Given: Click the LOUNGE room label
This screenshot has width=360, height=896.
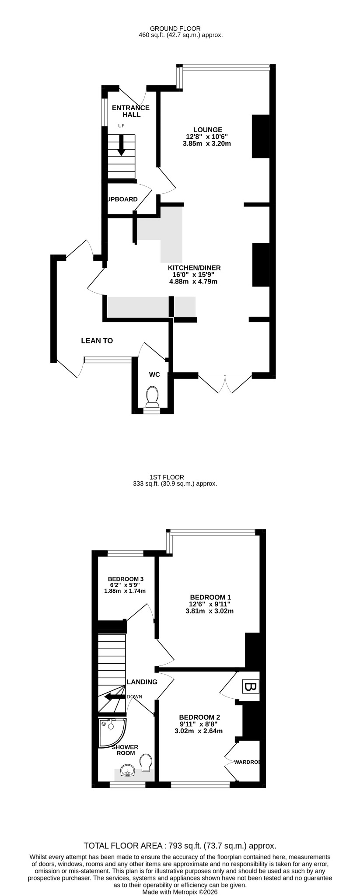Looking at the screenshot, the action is pyautogui.click(x=208, y=129).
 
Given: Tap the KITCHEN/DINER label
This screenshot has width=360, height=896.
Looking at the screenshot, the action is pyautogui.click(x=194, y=268).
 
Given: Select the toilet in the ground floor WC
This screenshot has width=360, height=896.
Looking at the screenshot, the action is pyautogui.click(x=152, y=396).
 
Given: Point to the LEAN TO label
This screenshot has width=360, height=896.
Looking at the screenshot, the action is pyautogui.click(x=97, y=340).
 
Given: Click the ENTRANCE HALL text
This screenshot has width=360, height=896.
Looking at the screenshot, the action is pyautogui.click(x=131, y=111).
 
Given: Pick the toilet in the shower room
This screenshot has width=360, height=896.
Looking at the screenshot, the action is pyautogui.click(x=146, y=762).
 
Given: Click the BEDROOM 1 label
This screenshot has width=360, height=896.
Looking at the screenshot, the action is pyautogui.click(x=210, y=597).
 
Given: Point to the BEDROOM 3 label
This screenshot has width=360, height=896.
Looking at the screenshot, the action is pyautogui.click(x=126, y=579).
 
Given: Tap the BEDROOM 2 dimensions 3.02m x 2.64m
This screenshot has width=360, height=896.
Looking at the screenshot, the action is pyautogui.click(x=199, y=731).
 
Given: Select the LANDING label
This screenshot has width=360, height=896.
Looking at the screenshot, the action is pyautogui.click(x=142, y=682).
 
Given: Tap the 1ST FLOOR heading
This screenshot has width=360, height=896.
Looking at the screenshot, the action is pyautogui.click(x=167, y=477).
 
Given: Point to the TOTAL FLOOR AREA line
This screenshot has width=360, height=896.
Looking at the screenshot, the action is pyautogui.click(x=180, y=846).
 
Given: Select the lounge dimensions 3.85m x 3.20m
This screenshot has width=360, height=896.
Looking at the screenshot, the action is pyautogui.click(x=207, y=143).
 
